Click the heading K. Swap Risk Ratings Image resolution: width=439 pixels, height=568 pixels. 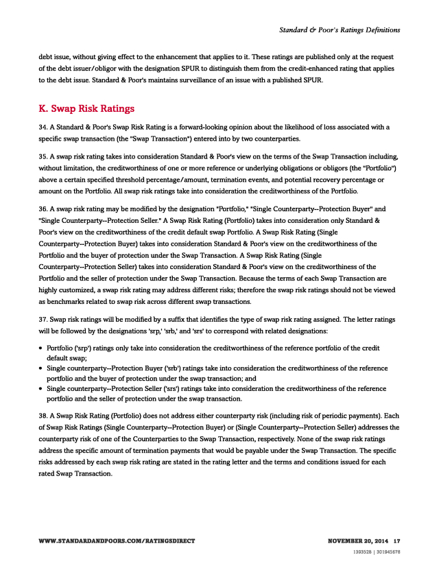86,108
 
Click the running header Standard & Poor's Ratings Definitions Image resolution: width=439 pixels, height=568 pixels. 340,29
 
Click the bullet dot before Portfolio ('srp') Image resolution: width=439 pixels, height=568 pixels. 40,348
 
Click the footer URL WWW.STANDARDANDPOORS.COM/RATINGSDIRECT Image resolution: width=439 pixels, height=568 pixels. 117,541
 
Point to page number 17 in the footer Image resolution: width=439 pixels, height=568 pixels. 396,541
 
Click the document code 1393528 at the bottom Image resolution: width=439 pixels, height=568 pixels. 361,551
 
